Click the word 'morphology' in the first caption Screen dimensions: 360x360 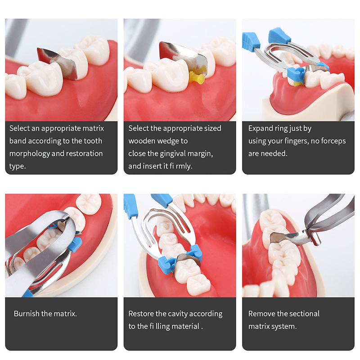click(x=29, y=153)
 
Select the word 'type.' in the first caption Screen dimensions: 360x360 click(x=18, y=166)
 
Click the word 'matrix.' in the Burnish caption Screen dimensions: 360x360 click(x=65, y=313)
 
